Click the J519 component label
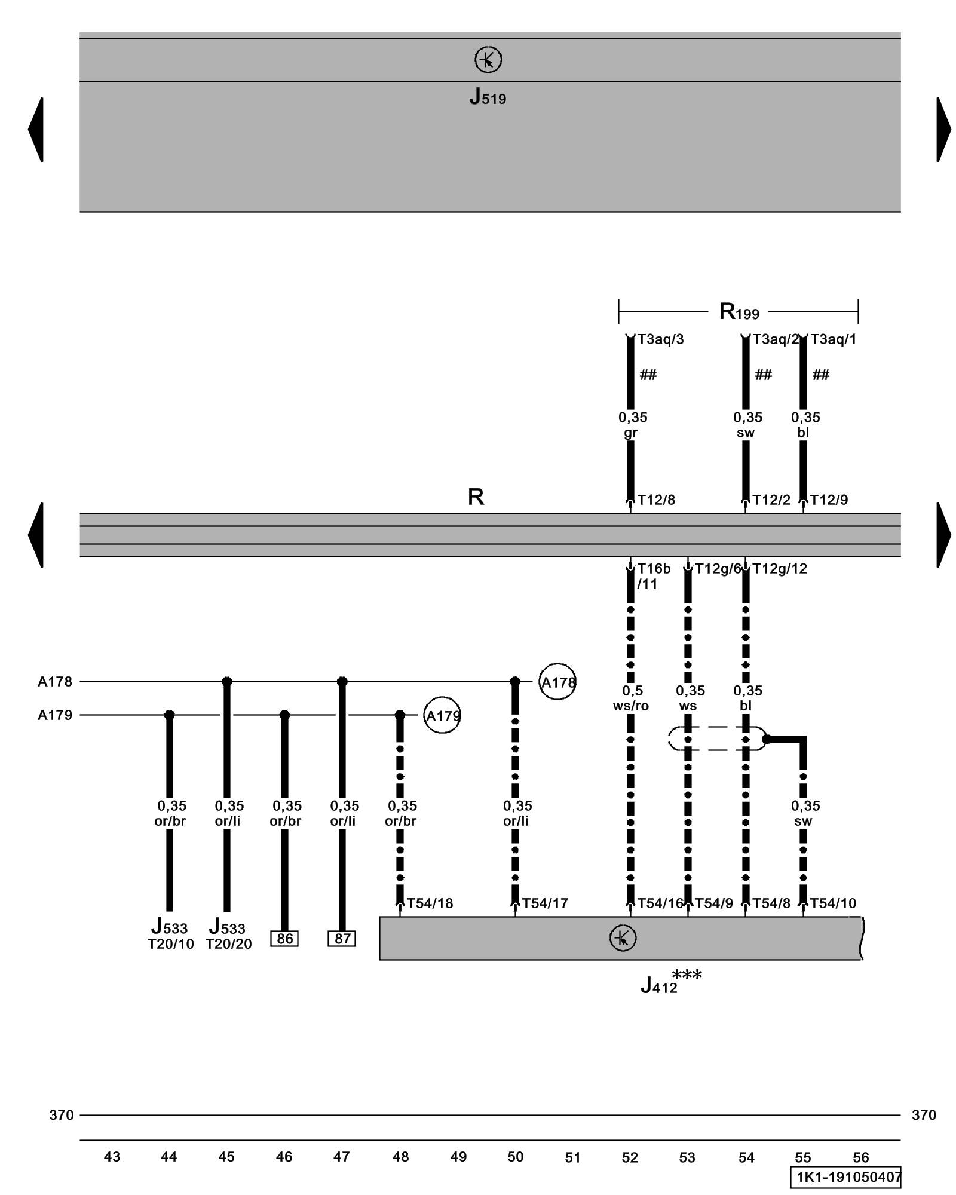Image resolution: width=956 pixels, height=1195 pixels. (488, 96)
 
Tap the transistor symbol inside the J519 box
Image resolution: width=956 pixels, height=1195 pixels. (488, 60)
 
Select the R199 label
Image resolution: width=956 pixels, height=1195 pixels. (739, 311)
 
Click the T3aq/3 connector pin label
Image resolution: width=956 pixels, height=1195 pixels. (660, 339)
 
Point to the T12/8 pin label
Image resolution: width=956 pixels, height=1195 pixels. (656, 500)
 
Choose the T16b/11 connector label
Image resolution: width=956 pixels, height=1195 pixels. (653, 575)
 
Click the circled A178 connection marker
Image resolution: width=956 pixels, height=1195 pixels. (557, 682)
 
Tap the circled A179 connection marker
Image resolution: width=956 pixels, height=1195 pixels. (442, 715)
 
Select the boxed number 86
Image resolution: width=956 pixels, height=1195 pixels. (284, 939)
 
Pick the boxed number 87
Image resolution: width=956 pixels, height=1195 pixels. (342, 939)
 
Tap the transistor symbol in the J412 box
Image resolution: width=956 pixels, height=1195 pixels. (623, 938)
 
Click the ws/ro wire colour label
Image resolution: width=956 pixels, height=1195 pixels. (631, 706)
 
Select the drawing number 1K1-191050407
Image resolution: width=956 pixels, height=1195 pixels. (845, 1177)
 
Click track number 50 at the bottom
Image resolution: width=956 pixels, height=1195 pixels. (515, 1157)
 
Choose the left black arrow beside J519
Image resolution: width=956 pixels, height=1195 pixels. (36, 129)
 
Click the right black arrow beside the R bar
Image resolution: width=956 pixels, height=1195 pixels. (943, 535)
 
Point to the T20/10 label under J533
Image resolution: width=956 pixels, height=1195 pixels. (171, 944)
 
